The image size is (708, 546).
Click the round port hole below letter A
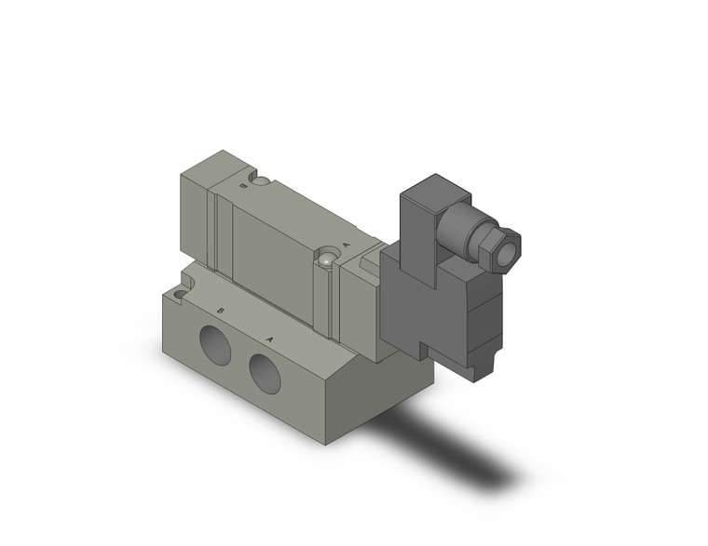pos(265,370)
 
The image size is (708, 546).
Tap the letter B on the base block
pos(220,312)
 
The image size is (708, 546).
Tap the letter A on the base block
pos(269,338)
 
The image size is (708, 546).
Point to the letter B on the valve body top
pos(244,185)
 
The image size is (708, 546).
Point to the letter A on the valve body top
pos(347,245)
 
